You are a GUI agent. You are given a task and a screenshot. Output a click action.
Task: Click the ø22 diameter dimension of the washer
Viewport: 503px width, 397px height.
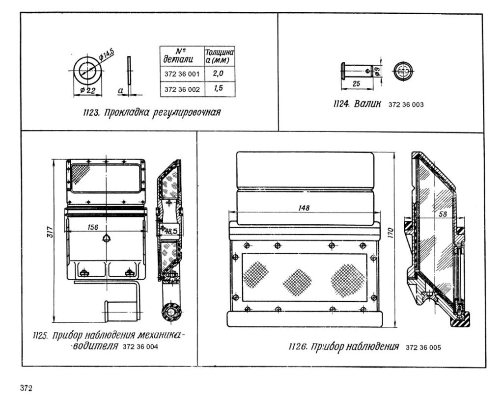(88, 90)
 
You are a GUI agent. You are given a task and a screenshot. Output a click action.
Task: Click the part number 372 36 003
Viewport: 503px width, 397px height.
(406, 105)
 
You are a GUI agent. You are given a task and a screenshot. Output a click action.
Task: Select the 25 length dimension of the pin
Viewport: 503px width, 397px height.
(356, 84)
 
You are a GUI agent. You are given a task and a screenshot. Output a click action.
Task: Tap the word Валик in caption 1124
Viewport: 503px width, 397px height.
(367, 104)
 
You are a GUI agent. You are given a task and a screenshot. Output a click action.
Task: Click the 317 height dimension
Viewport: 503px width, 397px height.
(48, 236)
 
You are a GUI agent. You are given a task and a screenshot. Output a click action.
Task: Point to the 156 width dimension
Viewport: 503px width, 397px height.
(92, 227)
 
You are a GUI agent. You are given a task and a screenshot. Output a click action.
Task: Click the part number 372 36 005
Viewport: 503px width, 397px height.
(423, 348)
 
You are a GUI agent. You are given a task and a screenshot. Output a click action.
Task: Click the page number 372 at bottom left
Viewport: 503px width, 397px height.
(26, 389)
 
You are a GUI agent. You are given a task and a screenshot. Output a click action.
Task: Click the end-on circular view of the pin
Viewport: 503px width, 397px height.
(403, 71)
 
